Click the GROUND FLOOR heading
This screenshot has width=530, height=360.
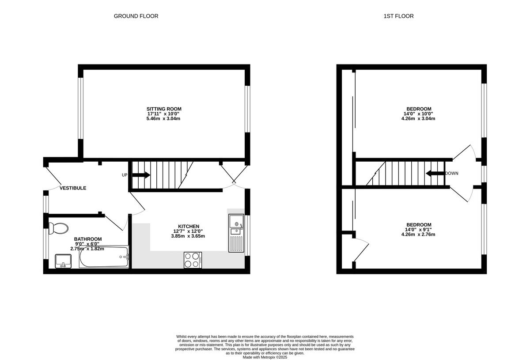[136, 16]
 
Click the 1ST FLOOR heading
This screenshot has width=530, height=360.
[398, 16]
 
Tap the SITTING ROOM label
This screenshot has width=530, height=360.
[164, 109]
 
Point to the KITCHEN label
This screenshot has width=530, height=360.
[189, 226]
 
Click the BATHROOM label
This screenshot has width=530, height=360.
[88, 239]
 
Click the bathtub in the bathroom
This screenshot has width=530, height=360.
[104, 257]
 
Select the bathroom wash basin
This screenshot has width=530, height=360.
[64, 261]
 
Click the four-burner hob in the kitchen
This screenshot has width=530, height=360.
[193, 260]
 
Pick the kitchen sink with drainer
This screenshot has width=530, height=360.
[236, 233]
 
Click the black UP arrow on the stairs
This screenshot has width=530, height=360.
[141, 175]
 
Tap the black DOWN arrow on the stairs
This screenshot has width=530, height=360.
[435, 173]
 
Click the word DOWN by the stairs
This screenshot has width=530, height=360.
[451, 173]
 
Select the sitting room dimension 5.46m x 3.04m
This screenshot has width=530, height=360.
[164, 119]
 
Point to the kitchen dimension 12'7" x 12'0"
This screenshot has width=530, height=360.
[189, 231]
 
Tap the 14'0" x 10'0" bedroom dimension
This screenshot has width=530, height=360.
[419, 114]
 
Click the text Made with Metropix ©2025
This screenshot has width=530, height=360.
[265, 357]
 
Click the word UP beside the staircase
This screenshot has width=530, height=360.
[125, 175]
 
